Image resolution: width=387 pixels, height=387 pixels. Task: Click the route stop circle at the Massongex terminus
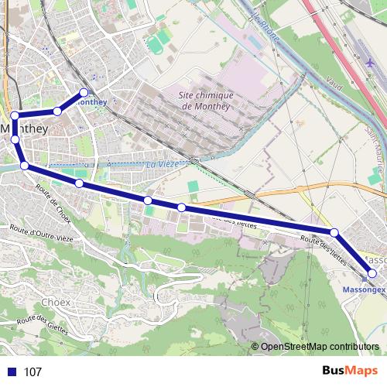click(x=372, y=273)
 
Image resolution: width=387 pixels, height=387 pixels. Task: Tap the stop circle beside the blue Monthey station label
click(x=84, y=93)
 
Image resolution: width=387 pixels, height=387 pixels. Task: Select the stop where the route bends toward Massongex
click(x=334, y=232)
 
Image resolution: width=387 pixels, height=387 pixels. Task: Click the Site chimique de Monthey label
click(x=205, y=100)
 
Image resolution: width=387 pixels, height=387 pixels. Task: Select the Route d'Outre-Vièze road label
click(x=42, y=231)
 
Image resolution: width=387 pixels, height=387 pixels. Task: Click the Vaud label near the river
click(x=334, y=82)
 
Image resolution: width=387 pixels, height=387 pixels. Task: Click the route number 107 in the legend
click(x=33, y=372)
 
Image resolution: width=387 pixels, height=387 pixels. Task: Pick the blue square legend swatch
click(x=11, y=372)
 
